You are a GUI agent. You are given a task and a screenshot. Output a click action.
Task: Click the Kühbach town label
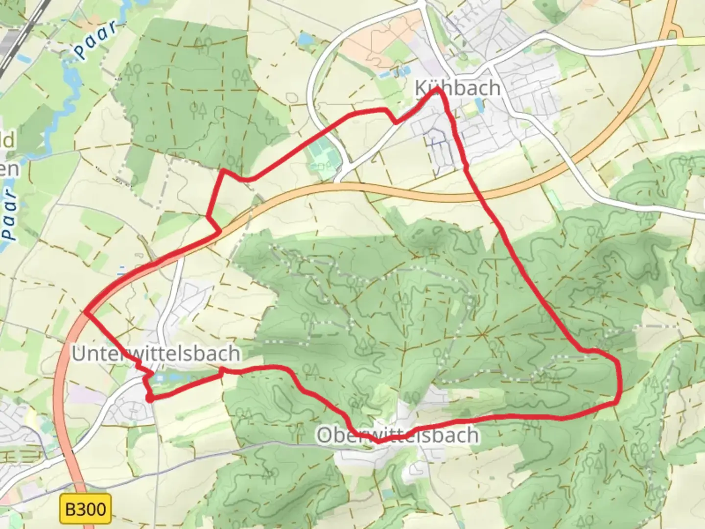tap(457, 88)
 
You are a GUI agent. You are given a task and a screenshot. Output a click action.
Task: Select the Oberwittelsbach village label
tap(398, 435)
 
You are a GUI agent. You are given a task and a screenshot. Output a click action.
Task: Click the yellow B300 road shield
tap(85, 509)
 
